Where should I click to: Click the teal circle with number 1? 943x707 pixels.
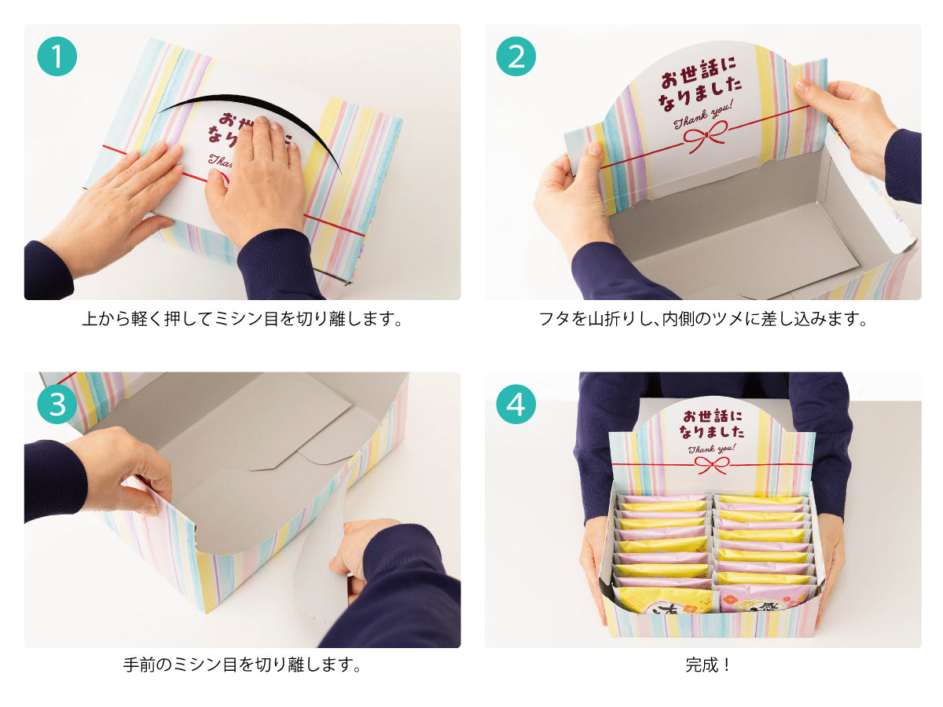click(x=57, y=57)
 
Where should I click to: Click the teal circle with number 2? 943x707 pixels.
click(x=516, y=57)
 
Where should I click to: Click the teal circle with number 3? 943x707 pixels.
click(x=57, y=404)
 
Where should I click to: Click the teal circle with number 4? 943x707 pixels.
click(x=516, y=404)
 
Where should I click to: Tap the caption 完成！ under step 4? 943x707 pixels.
click(x=707, y=665)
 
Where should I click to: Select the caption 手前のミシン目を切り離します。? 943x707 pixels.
click(x=242, y=665)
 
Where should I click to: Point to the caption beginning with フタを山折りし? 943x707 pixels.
click(x=703, y=319)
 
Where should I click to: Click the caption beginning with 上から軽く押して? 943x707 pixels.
click(x=242, y=319)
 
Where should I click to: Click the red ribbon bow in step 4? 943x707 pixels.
click(x=712, y=465)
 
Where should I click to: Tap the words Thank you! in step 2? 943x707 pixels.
click(x=703, y=114)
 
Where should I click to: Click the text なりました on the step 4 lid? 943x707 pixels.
click(x=711, y=431)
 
